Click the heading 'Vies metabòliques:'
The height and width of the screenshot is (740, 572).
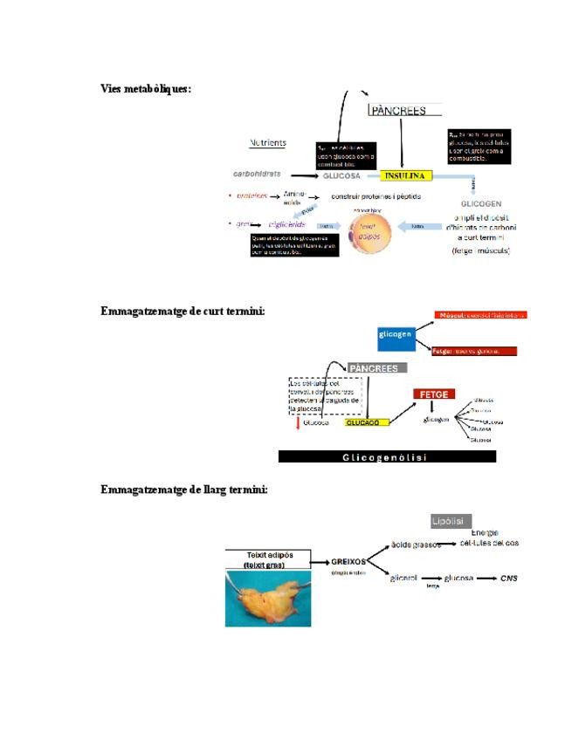click(146, 89)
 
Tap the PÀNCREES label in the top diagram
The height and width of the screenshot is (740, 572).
click(399, 111)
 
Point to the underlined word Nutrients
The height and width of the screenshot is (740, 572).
click(268, 143)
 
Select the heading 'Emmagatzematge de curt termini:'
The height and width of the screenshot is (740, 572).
click(183, 312)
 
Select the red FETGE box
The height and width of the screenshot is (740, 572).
click(434, 394)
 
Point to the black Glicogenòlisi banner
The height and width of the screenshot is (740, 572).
click(387, 456)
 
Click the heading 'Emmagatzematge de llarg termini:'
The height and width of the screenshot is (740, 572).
click(183, 490)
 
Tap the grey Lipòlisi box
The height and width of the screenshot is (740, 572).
click(451, 521)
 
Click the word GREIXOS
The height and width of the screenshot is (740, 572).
click(347, 561)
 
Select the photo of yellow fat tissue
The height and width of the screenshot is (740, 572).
click(268, 600)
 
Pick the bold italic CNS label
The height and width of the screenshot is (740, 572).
click(509, 578)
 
